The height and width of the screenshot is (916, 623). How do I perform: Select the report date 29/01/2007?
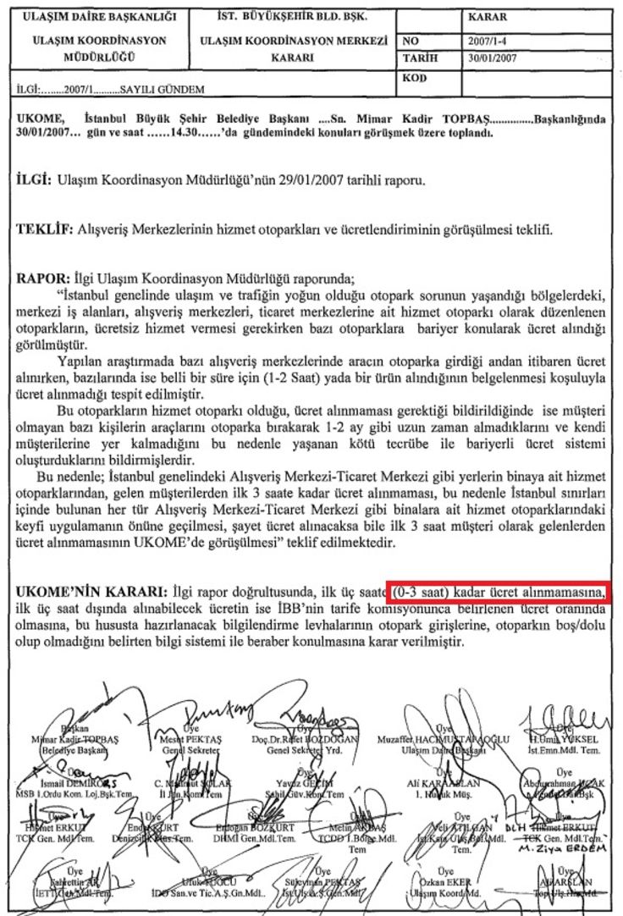pos(306,181)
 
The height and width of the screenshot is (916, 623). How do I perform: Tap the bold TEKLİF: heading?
pos(46,229)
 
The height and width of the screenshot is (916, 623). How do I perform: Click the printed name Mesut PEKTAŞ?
pos(190,737)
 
